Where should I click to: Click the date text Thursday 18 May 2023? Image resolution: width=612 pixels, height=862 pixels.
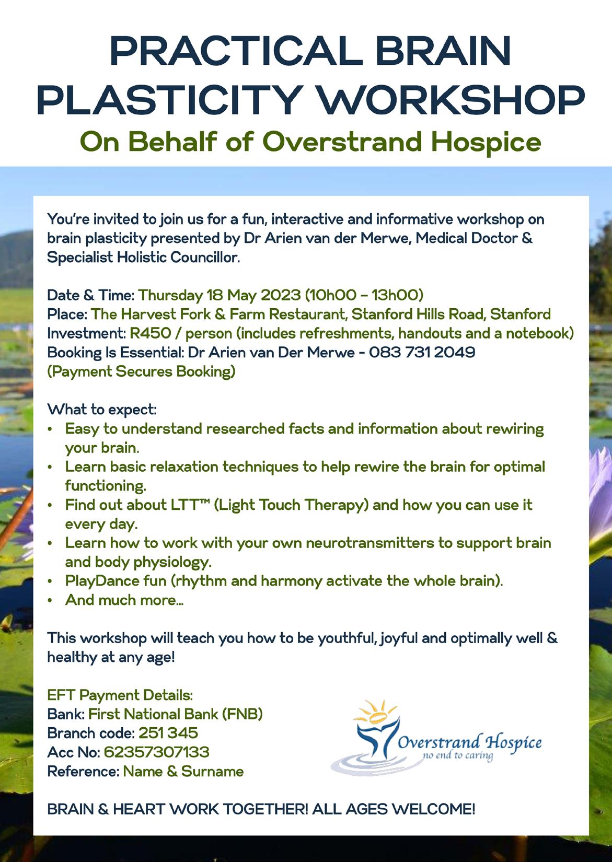[x=220, y=295]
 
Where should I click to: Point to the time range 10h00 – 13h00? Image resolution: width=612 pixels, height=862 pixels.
[x=364, y=295]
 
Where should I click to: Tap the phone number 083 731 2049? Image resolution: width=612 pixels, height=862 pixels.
[x=422, y=353]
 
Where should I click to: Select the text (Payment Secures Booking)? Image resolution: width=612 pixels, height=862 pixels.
[x=141, y=371]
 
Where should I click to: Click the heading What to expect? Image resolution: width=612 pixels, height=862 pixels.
[x=102, y=409]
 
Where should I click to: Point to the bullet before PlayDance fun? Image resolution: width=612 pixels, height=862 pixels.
[x=50, y=581]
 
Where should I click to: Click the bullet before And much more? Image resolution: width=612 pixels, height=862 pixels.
[x=50, y=601]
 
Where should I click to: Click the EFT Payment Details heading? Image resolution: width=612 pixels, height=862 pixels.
[x=120, y=695]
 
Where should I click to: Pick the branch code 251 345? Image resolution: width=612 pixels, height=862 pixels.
[x=168, y=733]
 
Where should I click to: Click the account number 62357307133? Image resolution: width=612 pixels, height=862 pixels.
[x=157, y=752]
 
